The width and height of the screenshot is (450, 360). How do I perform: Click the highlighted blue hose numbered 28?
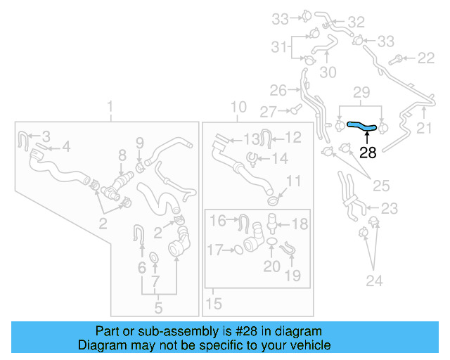(361, 125)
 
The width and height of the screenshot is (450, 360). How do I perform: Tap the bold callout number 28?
(368, 153)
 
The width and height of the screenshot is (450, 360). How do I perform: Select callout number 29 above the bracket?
(361, 92)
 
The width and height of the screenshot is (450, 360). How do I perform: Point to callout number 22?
(426, 58)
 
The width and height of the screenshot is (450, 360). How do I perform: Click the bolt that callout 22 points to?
(395, 60)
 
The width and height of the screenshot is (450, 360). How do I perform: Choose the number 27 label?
(269, 112)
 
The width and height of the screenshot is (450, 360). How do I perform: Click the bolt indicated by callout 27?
(296, 109)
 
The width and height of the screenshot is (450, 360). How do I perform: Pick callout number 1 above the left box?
(110, 106)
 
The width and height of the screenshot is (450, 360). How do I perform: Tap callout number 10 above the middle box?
(238, 107)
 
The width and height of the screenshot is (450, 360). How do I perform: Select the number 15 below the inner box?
(214, 304)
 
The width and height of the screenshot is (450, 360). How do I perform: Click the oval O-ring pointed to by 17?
(239, 250)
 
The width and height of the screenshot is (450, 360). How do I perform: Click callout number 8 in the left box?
(122, 155)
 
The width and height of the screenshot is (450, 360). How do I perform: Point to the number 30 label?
(328, 72)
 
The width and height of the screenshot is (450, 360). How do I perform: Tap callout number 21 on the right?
(424, 128)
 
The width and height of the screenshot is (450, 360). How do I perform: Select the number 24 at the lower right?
(374, 281)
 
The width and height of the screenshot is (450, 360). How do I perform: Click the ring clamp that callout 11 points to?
(274, 200)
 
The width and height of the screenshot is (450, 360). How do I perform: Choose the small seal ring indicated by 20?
(271, 241)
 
